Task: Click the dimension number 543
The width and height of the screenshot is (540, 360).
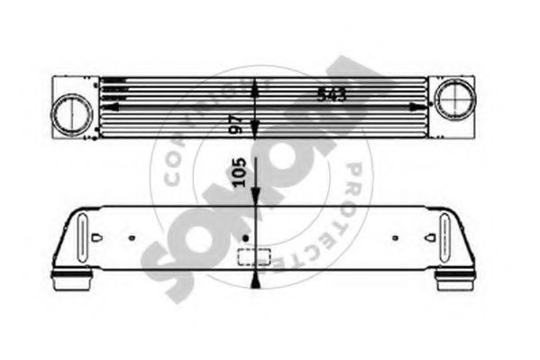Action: tap(332, 93)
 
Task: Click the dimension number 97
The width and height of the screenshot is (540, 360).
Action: tap(238, 123)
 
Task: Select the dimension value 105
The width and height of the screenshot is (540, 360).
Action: tap(240, 172)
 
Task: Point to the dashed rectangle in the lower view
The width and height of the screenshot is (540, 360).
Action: tap(248, 256)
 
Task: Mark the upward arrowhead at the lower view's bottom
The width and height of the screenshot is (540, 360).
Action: tap(257, 282)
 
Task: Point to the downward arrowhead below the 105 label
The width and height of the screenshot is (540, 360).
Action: tap(257, 198)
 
